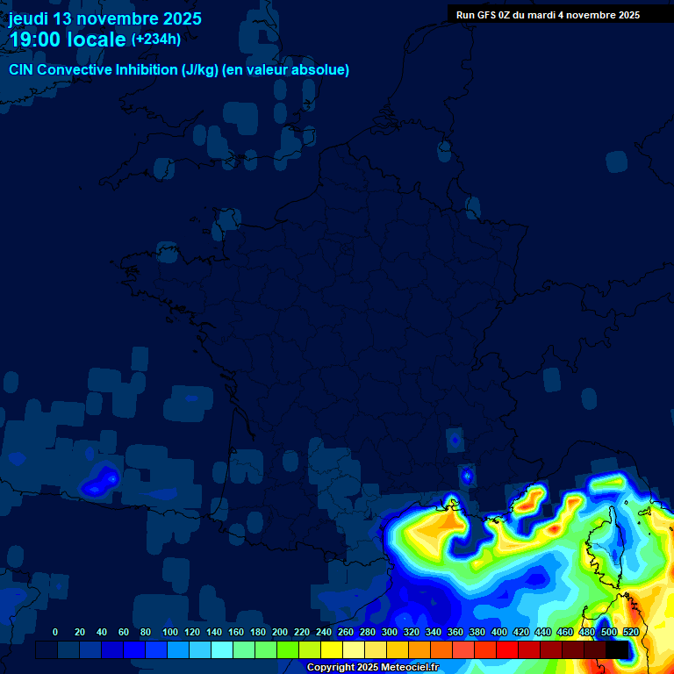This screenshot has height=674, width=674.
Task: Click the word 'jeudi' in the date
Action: point(29,18)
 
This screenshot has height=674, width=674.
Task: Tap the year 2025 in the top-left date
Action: point(182,18)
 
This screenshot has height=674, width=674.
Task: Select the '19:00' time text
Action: point(35,39)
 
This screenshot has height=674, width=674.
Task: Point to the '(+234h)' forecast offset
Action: point(156,39)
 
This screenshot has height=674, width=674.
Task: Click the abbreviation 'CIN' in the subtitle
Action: point(23,70)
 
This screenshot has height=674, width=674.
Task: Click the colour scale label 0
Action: point(55,632)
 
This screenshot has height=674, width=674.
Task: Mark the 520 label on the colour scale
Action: point(630,632)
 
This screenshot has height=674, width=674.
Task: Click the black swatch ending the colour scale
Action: point(617,649)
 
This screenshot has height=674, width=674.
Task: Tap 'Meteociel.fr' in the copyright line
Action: point(409,668)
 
